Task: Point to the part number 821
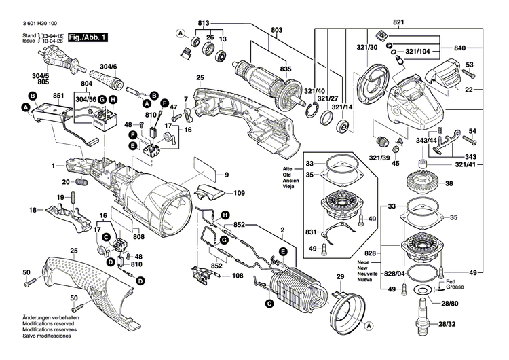pos(398,23)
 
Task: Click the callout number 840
pos(459,48)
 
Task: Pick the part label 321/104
pos(419,51)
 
